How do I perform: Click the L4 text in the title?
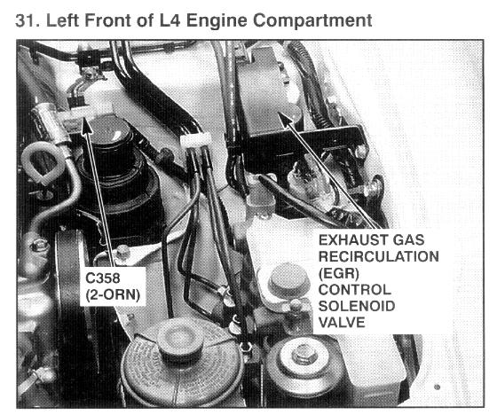170,20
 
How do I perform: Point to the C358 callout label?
103,278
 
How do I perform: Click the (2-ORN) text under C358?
113,295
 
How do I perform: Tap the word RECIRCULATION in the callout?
378,256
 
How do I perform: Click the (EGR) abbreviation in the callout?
338,273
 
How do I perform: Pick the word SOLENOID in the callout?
357,306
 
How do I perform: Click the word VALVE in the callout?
342,323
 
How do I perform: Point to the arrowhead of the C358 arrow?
84,123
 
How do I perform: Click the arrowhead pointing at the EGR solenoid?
284,118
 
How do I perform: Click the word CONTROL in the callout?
354,290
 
